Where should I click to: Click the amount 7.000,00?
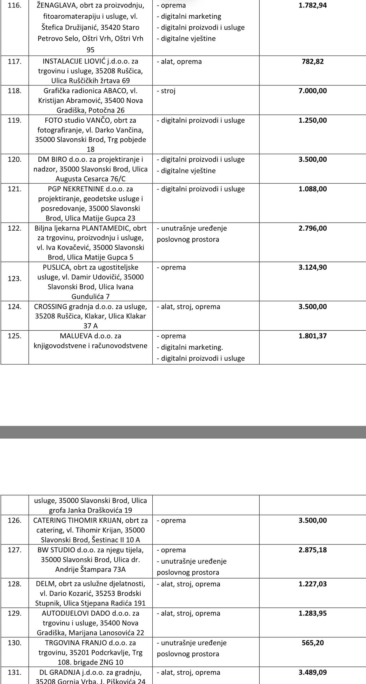click(x=313, y=91)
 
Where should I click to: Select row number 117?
click(x=14, y=61)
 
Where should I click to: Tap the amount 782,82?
click(x=313, y=61)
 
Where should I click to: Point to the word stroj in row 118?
click(x=168, y=91)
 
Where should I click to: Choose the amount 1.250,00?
click(x=313, y=120)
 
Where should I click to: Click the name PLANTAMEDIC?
click(x=106, y=228)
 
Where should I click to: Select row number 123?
click(x=14, y=279)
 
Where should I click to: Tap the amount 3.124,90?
click(x=313, y=267)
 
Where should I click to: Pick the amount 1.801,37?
click(x=313, y=336)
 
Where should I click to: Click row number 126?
click(x=14, y=520)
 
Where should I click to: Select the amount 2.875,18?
click(x=313, y=550)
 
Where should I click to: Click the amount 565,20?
click(x=313, y=643)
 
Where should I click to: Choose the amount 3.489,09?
click(x=313, y=673)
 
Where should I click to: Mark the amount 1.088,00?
click(x=313, y=189)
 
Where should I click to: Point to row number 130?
click(x=14, y=643)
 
